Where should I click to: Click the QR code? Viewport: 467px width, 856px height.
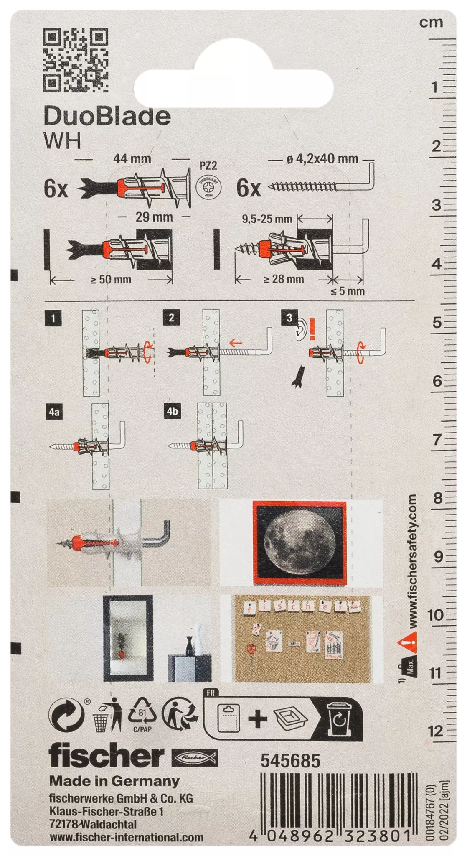[x=76, y=60]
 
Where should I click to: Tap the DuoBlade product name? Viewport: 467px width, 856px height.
[x=107, y=116]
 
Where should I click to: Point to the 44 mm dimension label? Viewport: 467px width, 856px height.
[x=132, y=159]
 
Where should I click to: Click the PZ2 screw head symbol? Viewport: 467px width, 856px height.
[x=208, y=188]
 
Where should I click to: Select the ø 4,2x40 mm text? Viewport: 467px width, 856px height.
[x=322, y=159]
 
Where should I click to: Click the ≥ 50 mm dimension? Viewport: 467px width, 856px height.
[x=111, y=279]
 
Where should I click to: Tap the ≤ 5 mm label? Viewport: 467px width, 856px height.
[x=347, y=291]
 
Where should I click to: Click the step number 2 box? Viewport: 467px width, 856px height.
[x=171, y=318]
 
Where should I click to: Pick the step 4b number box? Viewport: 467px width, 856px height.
[x=172, y=411]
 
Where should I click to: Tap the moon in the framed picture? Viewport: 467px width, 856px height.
[x=300, y=542]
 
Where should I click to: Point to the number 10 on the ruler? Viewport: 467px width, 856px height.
[x=435, y=615]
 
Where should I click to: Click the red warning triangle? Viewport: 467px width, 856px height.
[x=408, y=642]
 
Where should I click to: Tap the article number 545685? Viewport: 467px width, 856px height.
[x=290, y=761]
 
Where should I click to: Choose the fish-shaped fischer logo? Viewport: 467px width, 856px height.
[x=195, y=757]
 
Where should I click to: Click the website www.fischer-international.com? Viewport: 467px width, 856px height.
[x=127, y=837]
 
